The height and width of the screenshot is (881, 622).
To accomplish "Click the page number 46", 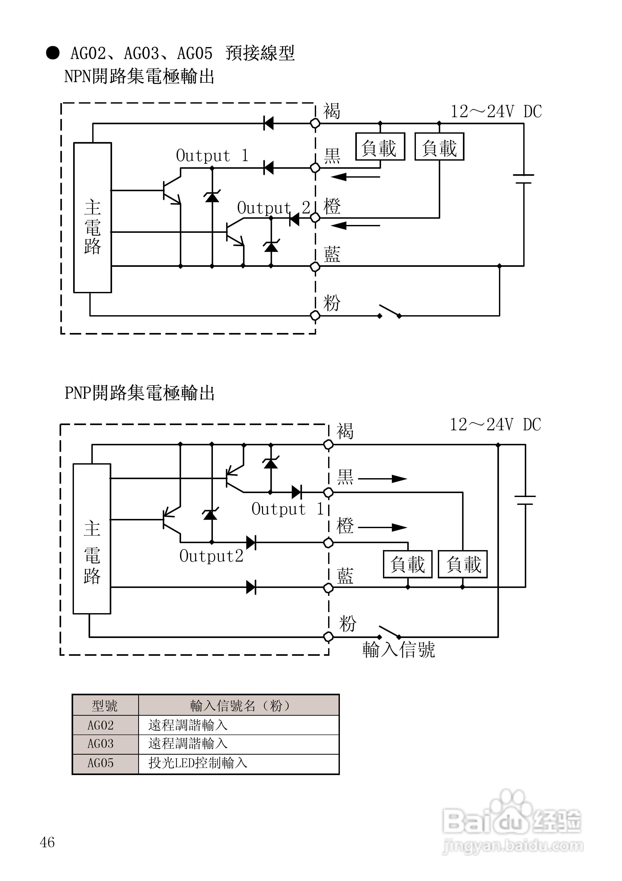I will pos(47,842).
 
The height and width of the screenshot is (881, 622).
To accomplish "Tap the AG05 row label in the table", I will pos(100,763).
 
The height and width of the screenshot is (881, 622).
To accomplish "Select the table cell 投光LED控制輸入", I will pos(198,763).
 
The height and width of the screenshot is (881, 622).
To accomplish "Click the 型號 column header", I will pos(105,705).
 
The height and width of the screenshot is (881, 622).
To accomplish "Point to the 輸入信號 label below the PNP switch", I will pos(399,650).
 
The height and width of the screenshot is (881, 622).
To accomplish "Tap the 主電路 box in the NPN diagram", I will pos(92,218).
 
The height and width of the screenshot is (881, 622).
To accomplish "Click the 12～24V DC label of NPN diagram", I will pos(496,112).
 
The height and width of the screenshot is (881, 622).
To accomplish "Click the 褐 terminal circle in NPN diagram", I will pos(315,123).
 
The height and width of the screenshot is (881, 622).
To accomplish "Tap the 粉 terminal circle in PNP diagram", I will pos(328,637).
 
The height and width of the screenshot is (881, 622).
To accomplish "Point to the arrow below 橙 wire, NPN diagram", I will pos(355,226).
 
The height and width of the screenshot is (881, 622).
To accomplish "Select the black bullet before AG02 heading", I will pos(53,53).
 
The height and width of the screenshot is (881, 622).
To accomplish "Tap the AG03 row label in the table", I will pos(100,744).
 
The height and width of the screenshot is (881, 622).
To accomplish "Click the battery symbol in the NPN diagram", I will pos(524,179).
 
